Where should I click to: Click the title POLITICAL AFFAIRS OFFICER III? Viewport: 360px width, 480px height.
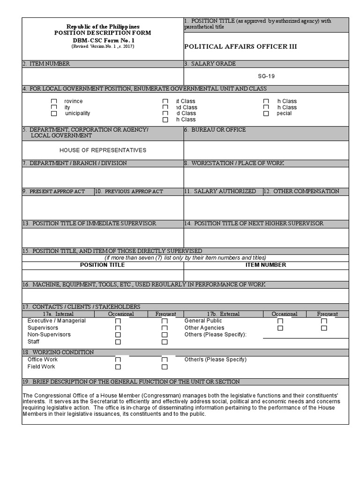pos(240,46)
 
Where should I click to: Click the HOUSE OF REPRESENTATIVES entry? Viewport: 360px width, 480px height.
pos(103,150)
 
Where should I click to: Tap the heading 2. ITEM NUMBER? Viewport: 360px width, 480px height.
pos(46,64)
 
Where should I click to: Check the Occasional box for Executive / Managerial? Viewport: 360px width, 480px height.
pos(118,321)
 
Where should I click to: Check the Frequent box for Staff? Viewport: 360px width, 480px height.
pos(165,342)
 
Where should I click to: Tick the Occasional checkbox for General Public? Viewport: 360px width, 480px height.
pos(280,321)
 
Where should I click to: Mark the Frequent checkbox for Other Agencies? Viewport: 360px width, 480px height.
pos(324,328)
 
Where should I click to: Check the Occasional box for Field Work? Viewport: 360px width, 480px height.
pos(118,367)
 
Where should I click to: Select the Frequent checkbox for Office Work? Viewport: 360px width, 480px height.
pos(165,360)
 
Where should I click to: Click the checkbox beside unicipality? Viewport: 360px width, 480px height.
pos(54,113)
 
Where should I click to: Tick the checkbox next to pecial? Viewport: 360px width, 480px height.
pos(266,113)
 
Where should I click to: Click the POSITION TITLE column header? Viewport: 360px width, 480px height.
pos(102,265)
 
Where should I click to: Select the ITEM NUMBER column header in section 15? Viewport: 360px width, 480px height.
pos(266,265)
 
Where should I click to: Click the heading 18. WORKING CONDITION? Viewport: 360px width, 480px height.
pos(58,352)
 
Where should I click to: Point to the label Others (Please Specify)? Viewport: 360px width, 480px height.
pos(215,335)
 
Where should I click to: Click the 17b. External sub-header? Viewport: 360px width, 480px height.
pos(223,314)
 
